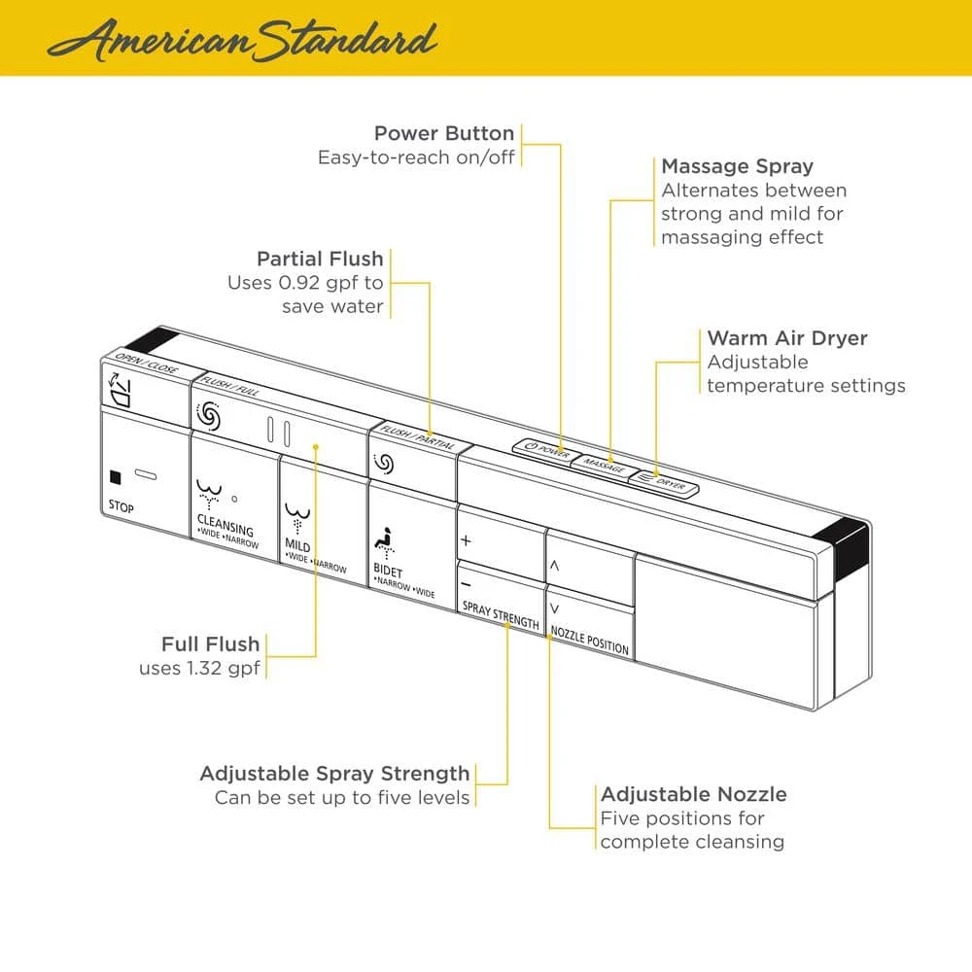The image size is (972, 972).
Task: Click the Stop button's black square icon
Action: coord(116,476)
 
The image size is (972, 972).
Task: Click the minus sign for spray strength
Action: coord(467,584)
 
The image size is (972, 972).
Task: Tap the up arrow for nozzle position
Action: coord(554,564)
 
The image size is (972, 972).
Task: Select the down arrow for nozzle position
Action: coord(554,608)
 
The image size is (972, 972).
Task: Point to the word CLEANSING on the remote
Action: coord(225,530)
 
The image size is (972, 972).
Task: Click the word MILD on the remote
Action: coord(297,546)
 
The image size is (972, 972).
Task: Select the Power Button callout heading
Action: coord(444,133)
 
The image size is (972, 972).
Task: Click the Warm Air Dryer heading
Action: coord(787,338)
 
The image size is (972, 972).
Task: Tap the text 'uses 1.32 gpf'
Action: coord(199,668)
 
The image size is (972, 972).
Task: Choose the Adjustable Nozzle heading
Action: coord(693,794)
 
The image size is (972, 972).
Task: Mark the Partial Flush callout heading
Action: coord(320,260)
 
